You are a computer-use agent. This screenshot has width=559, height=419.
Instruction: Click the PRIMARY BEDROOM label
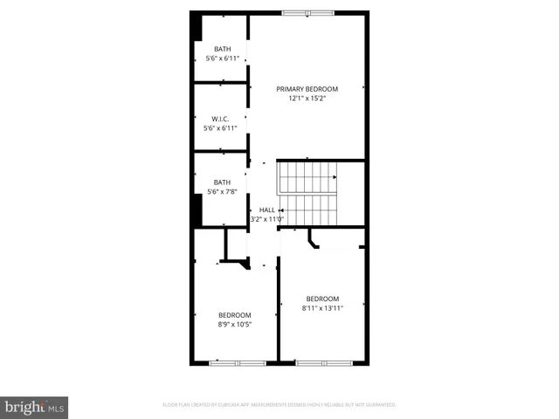coord(307,89)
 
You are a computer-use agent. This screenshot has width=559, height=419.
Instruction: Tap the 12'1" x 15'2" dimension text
coord(307,99)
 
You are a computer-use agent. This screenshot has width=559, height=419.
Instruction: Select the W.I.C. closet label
coord(221,119)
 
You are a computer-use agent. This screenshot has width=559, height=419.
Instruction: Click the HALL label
coord(267,209)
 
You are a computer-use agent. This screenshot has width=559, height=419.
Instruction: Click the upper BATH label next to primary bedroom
coord(222,49)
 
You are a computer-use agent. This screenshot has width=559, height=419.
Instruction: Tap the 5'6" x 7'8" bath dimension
coord(222,191)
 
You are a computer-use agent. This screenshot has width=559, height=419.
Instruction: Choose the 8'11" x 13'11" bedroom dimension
coord(322,308)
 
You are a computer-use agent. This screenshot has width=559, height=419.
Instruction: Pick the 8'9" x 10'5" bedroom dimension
coord(234,325)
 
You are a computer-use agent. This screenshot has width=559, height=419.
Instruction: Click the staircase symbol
coord(308,193)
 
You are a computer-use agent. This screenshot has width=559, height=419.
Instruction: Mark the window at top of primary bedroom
coord(307,12)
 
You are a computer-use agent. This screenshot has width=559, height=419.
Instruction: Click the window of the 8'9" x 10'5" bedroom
coord(238,362)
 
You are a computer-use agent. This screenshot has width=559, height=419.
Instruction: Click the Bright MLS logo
coord(35,408)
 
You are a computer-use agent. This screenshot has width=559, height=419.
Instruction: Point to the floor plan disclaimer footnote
coord(279,405)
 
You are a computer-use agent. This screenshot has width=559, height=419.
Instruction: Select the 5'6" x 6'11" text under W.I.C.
coord(221,128)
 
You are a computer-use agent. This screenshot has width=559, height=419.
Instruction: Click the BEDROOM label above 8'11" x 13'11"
coord(322,299)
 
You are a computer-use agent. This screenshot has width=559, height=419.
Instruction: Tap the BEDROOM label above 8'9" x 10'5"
coord(234,315)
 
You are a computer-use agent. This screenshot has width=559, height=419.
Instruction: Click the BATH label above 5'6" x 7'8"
coord(222,182)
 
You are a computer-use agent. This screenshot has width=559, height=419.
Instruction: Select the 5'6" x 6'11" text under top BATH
coord(222,58)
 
